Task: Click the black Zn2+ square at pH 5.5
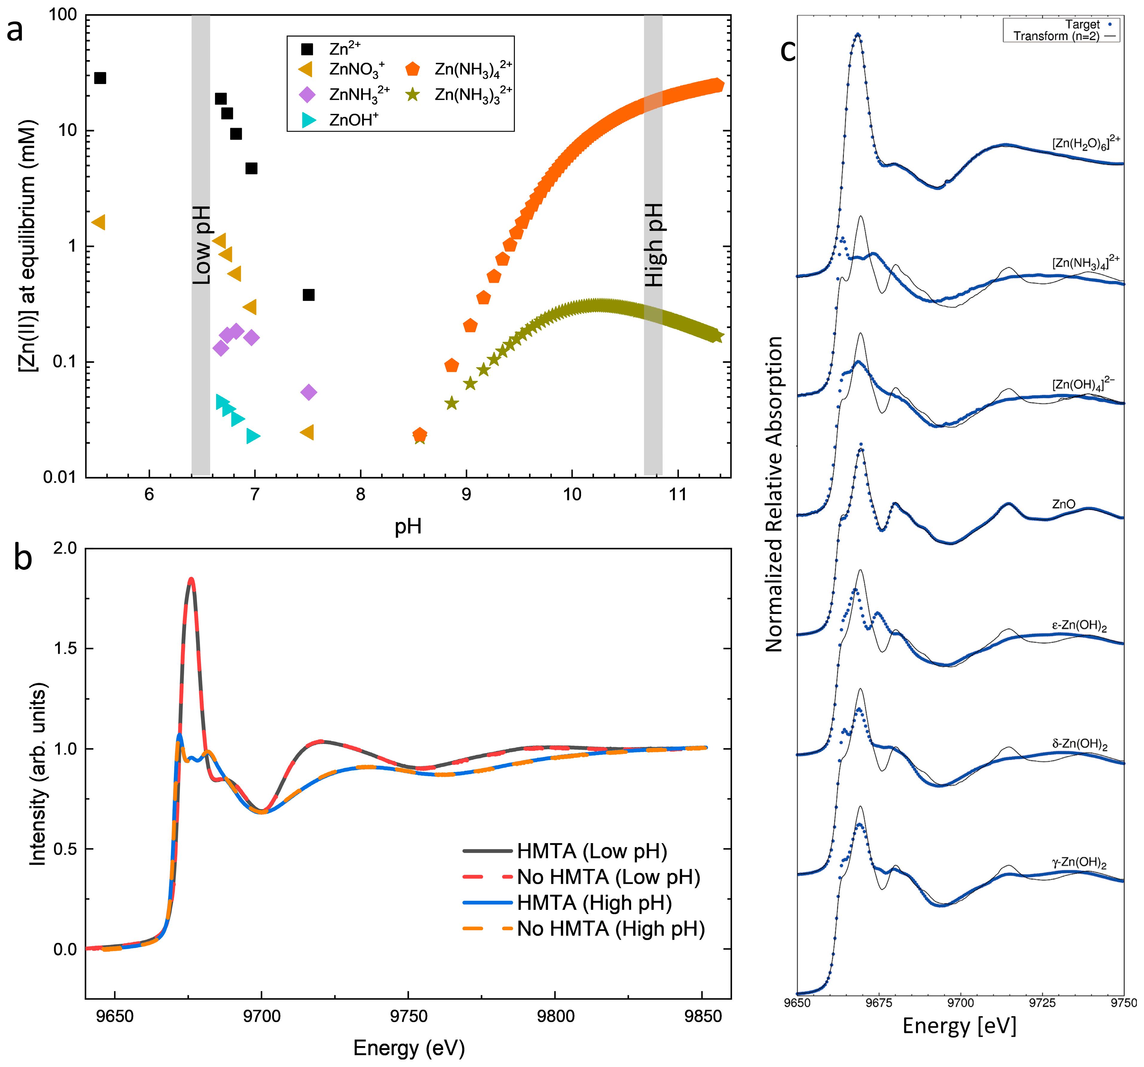[x=100, y=78]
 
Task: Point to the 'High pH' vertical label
[x=654, y=245]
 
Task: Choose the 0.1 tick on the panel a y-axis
[x=65, y=362]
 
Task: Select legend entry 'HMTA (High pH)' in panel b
[x=594, y=903]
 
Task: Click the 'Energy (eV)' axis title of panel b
[x=409, y=1048]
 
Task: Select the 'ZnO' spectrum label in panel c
[x=1063, y=504]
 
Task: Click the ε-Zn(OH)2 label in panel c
[x=1079, y=626]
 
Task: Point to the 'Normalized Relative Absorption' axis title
[x=775, y=494]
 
